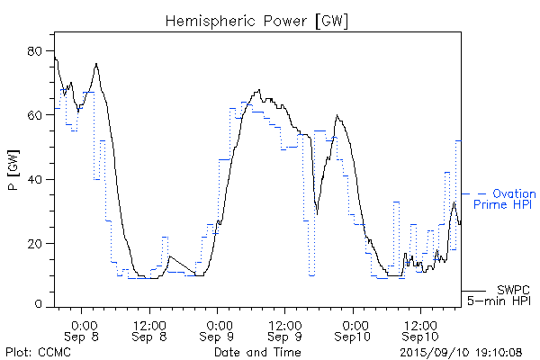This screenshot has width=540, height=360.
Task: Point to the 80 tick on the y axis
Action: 40,51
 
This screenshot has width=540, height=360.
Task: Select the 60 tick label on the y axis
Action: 40,115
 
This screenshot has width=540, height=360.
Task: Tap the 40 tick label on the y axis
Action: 40,180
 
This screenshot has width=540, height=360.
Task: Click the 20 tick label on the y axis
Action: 40,244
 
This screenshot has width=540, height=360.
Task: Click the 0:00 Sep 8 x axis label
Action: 83,330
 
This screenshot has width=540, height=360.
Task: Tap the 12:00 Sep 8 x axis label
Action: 149,330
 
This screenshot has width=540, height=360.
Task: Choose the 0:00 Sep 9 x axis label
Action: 217,330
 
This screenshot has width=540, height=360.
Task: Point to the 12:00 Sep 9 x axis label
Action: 284,330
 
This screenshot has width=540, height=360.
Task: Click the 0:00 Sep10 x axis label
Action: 353,330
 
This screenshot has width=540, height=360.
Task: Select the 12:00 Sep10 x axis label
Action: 419,330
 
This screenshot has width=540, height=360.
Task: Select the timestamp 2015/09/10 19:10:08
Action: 461,352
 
